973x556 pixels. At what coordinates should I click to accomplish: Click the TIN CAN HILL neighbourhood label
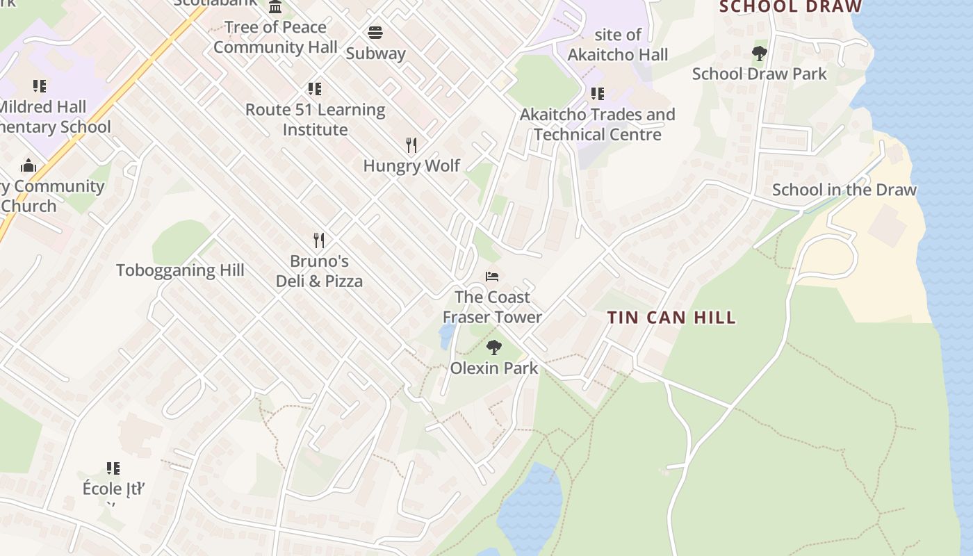click(x=671, y=318)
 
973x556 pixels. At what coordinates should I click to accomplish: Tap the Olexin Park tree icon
click(x=494, y=347)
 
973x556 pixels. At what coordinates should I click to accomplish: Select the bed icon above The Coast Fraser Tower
click(x=492, y=276)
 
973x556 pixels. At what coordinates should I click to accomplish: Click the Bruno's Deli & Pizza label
click(x=319, y=271)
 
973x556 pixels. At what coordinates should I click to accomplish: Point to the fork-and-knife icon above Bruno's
click(x=319, y=240)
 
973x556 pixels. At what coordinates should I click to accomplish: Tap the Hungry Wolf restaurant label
click(x=411, y=165)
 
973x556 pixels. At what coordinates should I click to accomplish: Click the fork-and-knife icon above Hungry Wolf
click(x=411, y=145)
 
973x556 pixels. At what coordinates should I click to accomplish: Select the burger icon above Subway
click(x=375, y=33)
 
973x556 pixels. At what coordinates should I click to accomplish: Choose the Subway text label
click(x=375, y=53)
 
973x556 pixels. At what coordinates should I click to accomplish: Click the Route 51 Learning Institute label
click(x=315, y=120)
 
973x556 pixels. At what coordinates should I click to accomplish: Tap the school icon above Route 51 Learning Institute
click(x=315, y=89)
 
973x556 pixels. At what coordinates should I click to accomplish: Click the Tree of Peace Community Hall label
click(x=275, y=37)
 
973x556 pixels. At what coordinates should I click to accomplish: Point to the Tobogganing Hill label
click(x=180, y=270)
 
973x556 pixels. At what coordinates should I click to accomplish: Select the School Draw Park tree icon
click(x=759, y=53)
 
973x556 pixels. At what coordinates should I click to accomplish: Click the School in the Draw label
click(x=844, y=190)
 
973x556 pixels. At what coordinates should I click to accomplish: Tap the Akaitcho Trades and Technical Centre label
click(x=598, y=124)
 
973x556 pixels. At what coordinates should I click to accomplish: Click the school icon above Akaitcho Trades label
click(x=597, y=93)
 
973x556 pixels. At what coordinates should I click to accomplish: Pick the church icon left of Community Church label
click(x=28, y=165)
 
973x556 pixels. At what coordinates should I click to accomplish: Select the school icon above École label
click(x=113, y=468)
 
